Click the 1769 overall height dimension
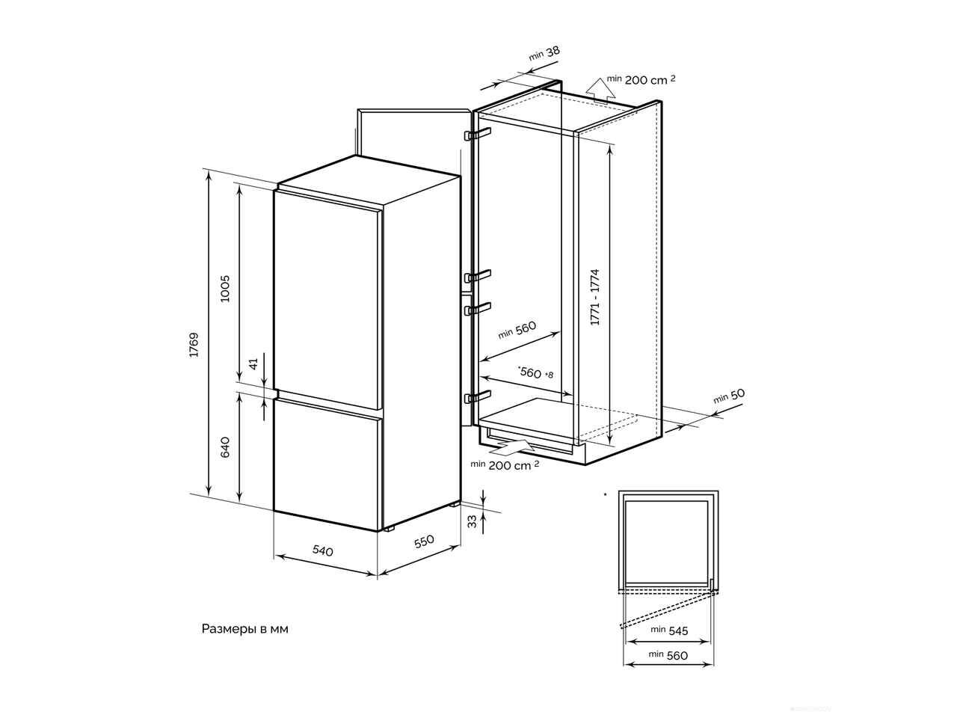194,345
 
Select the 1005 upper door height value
224,289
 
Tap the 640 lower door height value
225,447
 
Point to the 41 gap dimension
253,363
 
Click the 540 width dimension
323,551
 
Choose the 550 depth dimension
424,541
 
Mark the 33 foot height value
473,522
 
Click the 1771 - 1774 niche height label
594,298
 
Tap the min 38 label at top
544,53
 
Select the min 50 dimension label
729,396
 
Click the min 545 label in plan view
669,630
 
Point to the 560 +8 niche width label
536,372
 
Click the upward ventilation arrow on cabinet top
600,92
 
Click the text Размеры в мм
244,629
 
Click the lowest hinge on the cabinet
478,396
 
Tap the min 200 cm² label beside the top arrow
641,79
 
